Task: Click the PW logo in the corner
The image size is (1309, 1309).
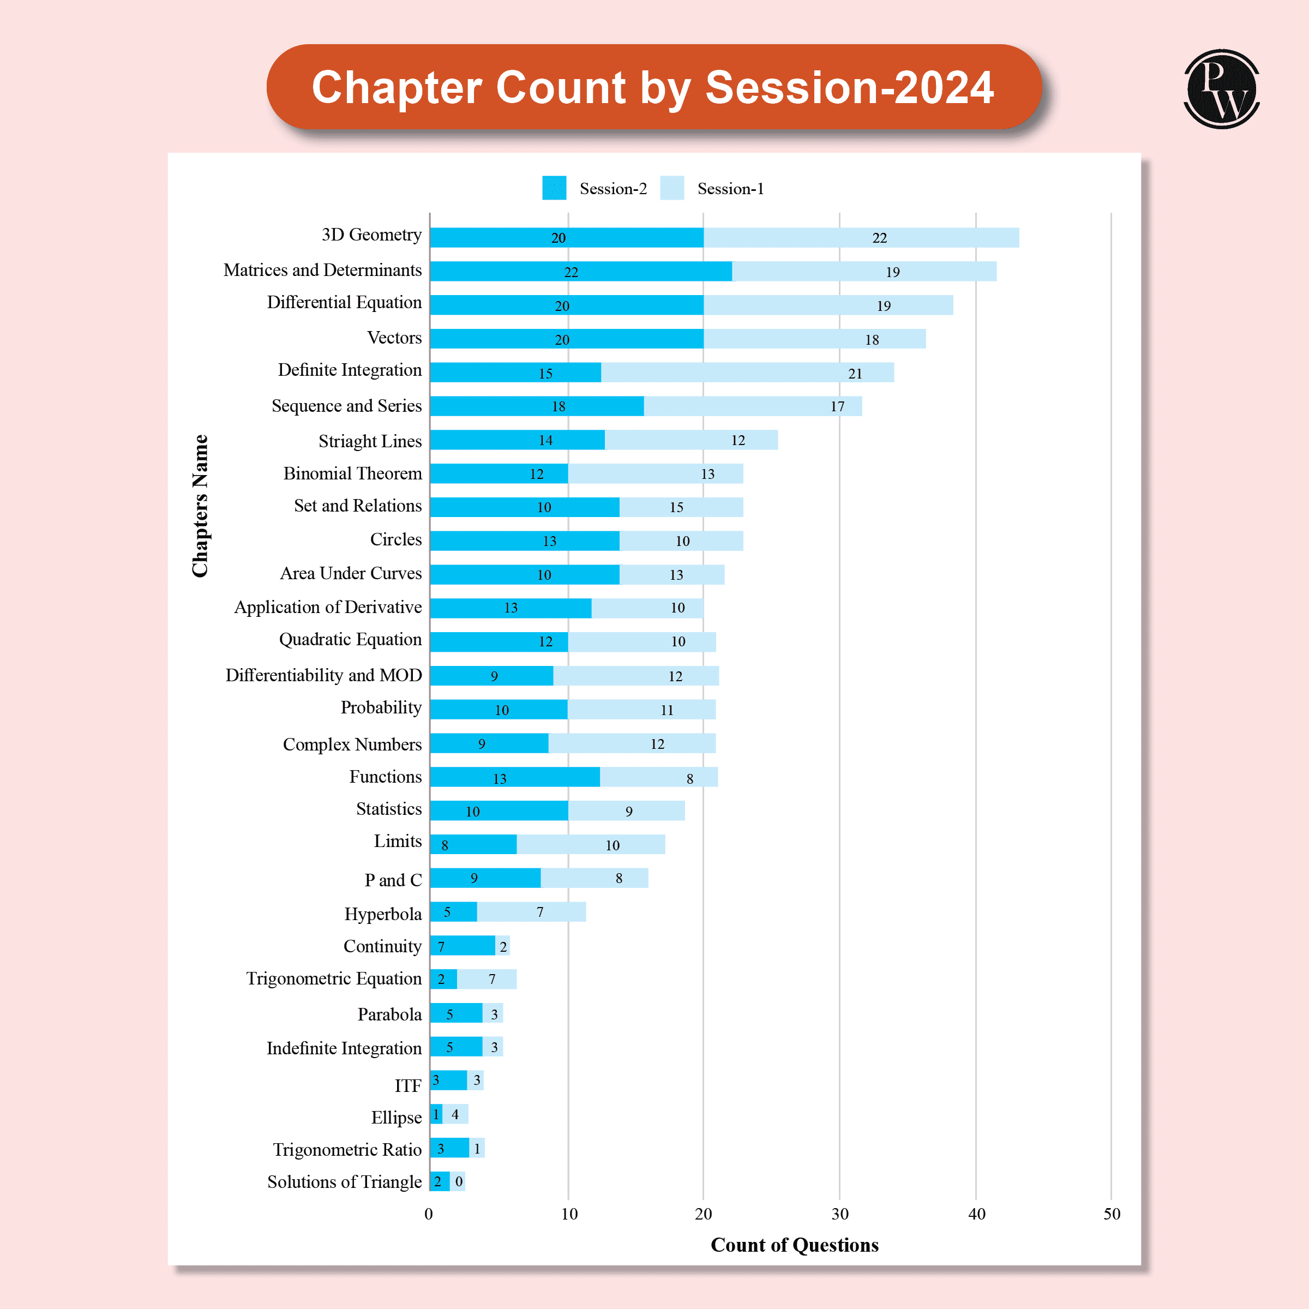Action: (1221, 89)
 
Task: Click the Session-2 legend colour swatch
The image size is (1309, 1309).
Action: (554, 188)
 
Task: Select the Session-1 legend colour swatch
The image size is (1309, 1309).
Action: (671, 188)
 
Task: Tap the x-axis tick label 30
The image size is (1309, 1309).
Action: (839, 1214)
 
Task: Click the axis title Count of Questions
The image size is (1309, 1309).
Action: (794, 1245)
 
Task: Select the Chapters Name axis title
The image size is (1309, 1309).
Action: (200, 506)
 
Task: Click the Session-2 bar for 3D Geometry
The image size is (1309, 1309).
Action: (567, 237)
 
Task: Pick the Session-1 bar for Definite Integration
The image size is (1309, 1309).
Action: (747, 372)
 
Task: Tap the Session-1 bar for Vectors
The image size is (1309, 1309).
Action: (814, 338)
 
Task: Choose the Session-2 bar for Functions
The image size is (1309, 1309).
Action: (515, 777)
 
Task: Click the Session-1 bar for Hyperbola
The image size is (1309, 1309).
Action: (531, 912)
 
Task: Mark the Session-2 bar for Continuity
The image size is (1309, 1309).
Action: (463, 946)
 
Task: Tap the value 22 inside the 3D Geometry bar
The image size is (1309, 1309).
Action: (879, 238)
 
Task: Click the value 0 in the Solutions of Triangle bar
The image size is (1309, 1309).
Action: (459, 1181)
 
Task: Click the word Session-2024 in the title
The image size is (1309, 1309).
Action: (849, 87)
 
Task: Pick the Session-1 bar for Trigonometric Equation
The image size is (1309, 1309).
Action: (487, 979)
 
